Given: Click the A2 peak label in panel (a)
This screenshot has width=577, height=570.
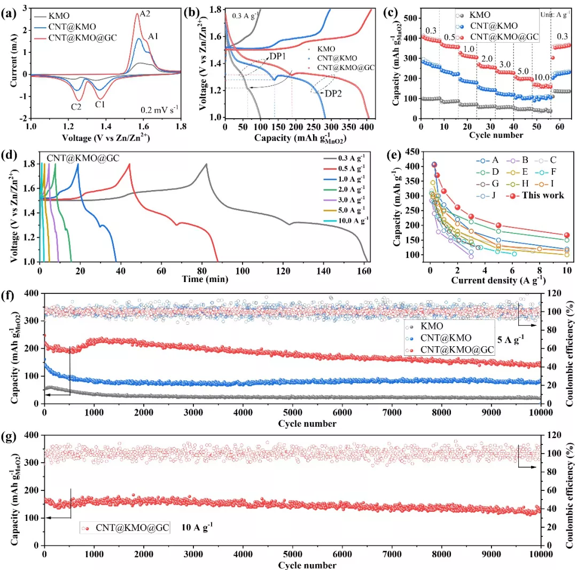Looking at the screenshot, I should pos(145,14).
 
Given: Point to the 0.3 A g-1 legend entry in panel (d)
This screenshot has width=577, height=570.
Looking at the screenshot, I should pos(351,158).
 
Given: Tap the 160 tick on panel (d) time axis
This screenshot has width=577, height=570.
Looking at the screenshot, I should pos(364,269).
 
